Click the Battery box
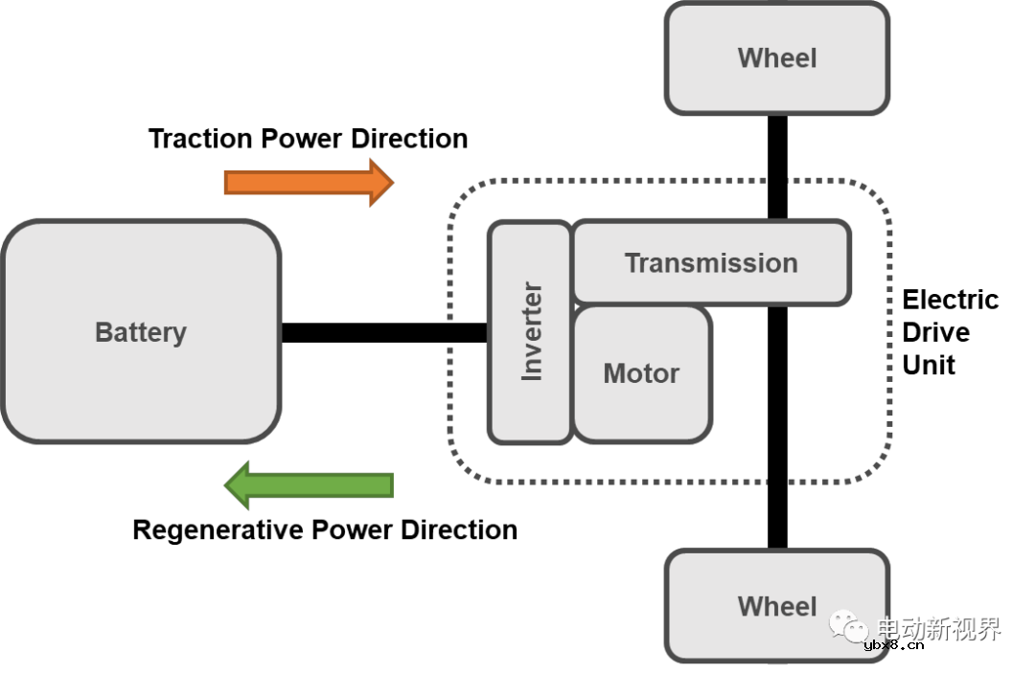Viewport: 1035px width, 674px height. click(x=141, y=332)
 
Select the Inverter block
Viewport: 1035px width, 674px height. click(x=530, y=332)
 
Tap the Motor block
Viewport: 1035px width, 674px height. click(x=642, y=373)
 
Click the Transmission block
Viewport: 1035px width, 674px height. click(x=710, y=263)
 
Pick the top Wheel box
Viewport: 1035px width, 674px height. click(x=777, y=57)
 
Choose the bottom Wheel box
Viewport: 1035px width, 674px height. click(x=777, y=606)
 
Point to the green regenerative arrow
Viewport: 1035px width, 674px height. click(x=309, y=484)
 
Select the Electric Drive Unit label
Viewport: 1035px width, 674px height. click(x=950, y=332)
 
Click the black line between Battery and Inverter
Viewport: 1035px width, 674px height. click(x=383, y=332)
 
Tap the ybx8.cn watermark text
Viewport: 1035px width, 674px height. click(x=893, y=645)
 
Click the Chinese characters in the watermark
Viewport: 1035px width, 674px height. click(x=939, y=628)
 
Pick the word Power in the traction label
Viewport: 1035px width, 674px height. click(x=302, y=139)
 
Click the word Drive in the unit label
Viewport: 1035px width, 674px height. click(x=936, y=332)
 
